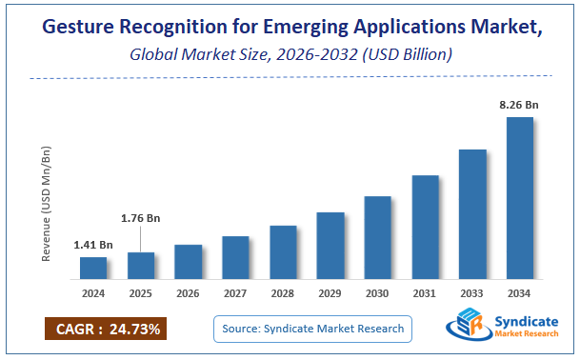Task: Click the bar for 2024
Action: coord(93,268)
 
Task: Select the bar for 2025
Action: coord(141,266)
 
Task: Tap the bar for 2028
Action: coord(283,252)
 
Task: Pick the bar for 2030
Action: coord(378,237)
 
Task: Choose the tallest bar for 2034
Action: coord(519,198)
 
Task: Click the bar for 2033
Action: coord(472,214)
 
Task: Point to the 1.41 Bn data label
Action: coord(93,245)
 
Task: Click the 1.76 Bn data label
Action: coord(140,218)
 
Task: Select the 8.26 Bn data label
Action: coord(519,103)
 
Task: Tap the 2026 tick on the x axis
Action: coord(189,293)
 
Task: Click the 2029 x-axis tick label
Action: coord(330,293)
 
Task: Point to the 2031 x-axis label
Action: coord(425,293)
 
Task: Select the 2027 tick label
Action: coord(235,293)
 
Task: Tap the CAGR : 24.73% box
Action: coord(106,330)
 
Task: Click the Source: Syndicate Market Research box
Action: coord(311,330)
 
